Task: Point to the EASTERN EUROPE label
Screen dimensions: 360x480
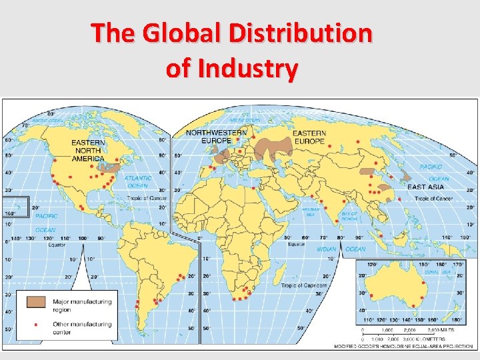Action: click(309, 137)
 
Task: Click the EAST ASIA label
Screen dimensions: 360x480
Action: click(426, 187)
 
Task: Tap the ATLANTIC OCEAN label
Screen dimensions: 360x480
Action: click(138, 182)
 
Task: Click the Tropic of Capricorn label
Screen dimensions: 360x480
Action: click(303, 285)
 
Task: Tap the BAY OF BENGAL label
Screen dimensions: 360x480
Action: click(350, 216)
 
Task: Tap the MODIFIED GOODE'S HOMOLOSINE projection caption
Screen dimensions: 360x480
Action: click(405, 345)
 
